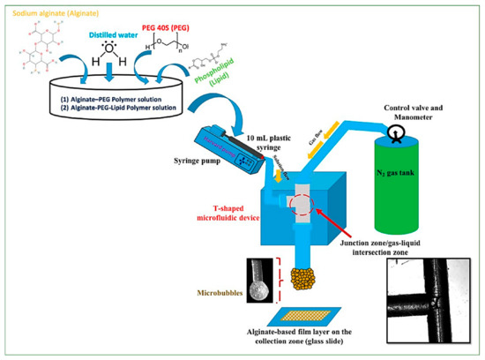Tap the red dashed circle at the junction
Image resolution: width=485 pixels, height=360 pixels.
pos(295,201)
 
